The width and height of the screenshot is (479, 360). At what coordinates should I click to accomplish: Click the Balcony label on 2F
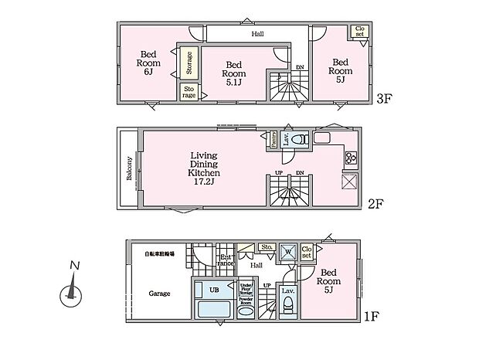[x=129, y=168]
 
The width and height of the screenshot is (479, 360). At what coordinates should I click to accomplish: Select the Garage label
[x=158, y=294]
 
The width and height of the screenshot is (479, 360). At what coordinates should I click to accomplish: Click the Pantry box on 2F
[x=273, y=138]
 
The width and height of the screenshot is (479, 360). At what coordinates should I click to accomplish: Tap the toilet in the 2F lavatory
[x=302, y=140]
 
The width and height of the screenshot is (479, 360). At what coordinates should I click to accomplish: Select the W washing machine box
[x=286, y=252]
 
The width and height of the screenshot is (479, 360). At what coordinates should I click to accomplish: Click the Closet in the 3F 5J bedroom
[x=359, y=32]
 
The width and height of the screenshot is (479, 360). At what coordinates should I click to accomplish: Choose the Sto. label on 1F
[x=267, y=248]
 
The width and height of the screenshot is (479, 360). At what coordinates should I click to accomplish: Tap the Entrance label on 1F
[x=226, y=261]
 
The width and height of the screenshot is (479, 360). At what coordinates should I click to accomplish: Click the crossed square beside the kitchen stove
[x=348, y=182]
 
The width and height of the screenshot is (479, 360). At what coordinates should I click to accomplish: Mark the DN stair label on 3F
[x=299, y=68]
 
